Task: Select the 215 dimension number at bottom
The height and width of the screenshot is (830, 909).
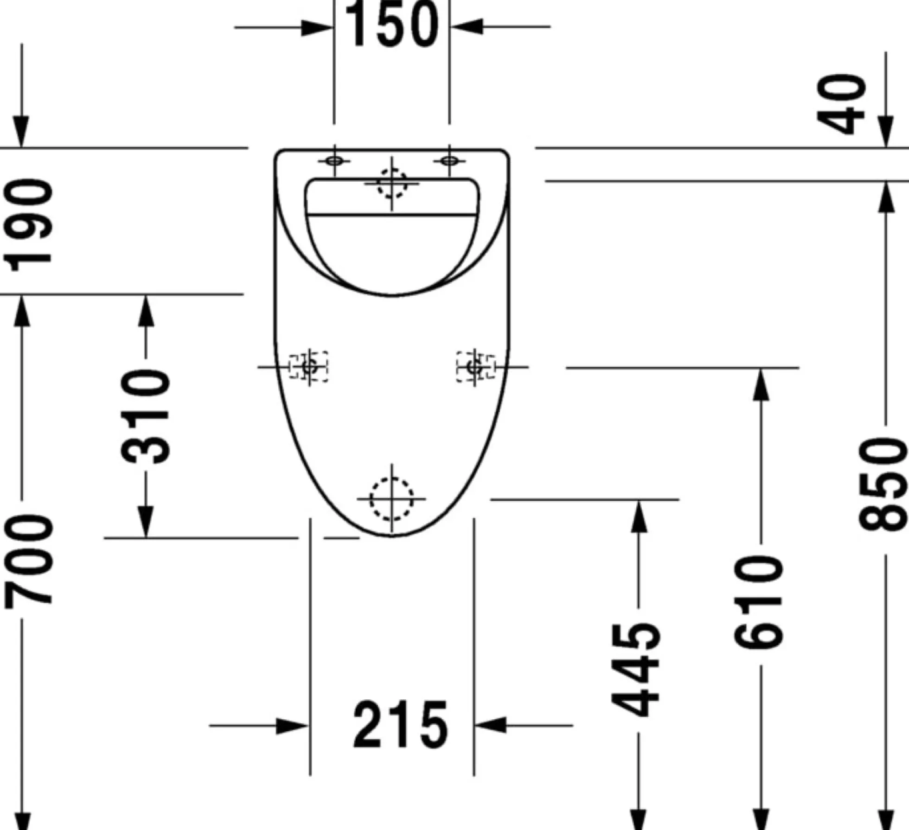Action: point(401,724)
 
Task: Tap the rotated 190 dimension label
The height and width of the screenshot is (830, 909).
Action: point(29,225)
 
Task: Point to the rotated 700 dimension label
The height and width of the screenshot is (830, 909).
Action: point(29,560)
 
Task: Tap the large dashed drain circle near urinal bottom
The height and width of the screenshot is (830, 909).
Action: point(391,498)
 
